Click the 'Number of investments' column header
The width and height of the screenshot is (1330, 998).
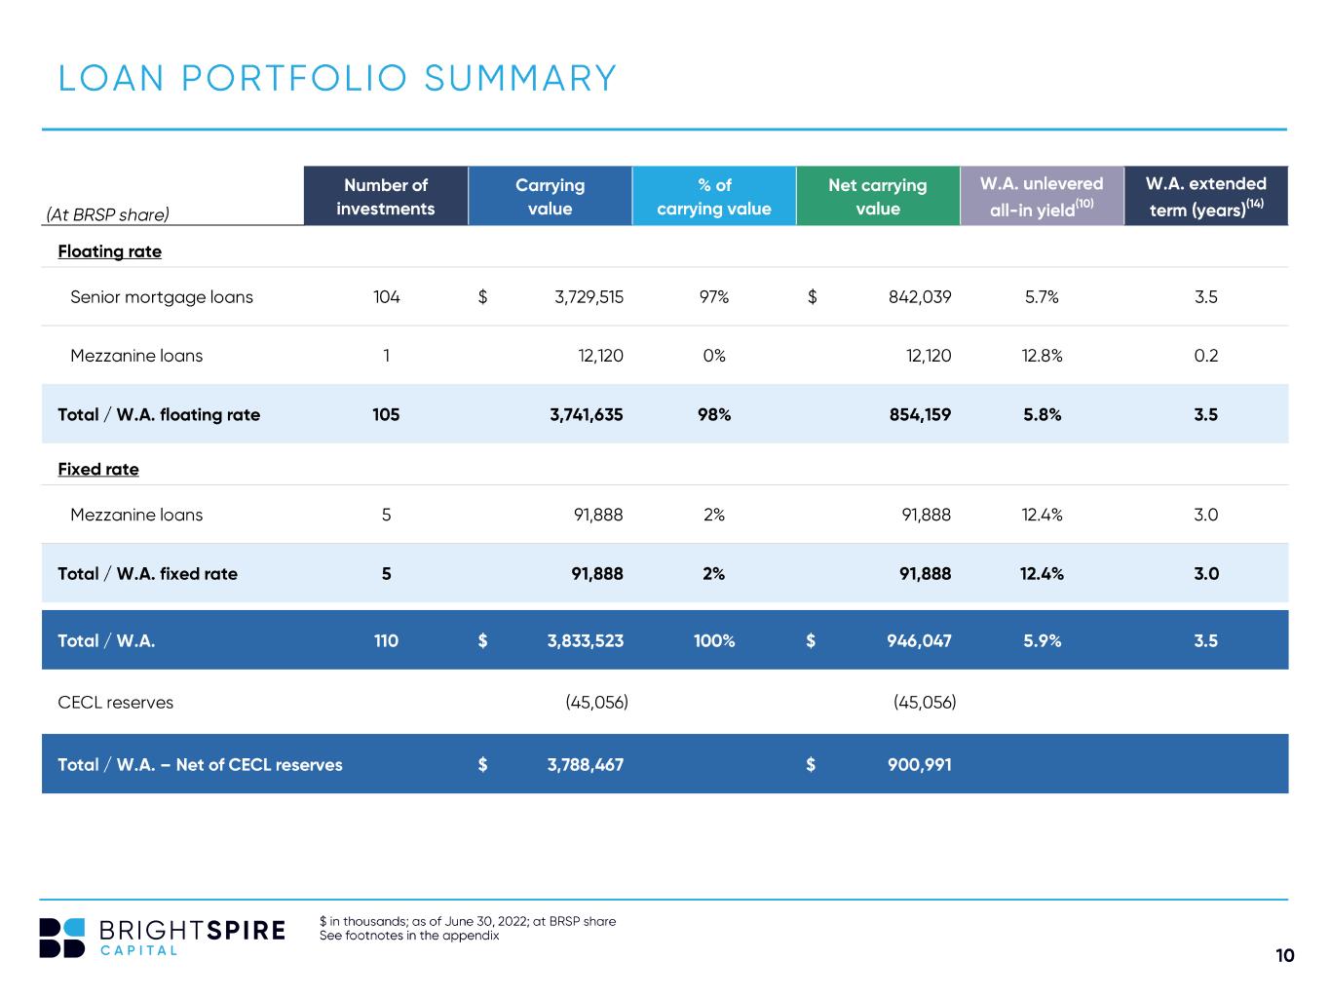click(x=386, y=196)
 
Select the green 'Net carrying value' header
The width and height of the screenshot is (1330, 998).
click(x=877, y=196)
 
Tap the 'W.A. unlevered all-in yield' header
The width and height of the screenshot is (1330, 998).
click(x=1042, y=196)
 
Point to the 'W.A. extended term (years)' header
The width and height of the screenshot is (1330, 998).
click(x=1206, y=196)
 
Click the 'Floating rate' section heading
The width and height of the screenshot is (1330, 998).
click(x=110, y=251)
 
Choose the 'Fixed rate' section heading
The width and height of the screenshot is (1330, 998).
click(x=98, y=469)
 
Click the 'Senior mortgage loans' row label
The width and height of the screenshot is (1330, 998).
click(x=161, y=297)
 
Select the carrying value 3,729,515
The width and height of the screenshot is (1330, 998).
click(x=589, y=297)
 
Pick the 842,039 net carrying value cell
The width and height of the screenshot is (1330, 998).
click(x=920, y=297)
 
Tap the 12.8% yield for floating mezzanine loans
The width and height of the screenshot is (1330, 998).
click(x=1042, y=356)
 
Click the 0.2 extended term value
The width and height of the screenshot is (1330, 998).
click(x=1206, y=356)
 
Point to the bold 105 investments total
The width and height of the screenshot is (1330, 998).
click(x=386, y=414)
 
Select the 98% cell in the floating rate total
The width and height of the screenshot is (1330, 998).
click(x=714, y=414)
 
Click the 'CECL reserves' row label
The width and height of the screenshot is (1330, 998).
click(x=115, y=703)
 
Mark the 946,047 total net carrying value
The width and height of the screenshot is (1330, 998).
click(x=919, y=640)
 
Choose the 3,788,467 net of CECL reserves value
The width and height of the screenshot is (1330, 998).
click(x=586, y=765)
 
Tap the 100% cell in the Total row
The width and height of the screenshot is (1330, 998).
click(x=714, y=640)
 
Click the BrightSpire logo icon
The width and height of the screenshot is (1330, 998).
click(x=61, y=938)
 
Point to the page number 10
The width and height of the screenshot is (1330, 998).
click(x=1284, y=955)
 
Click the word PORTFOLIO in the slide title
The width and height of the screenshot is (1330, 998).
click(x=294, y=79)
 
